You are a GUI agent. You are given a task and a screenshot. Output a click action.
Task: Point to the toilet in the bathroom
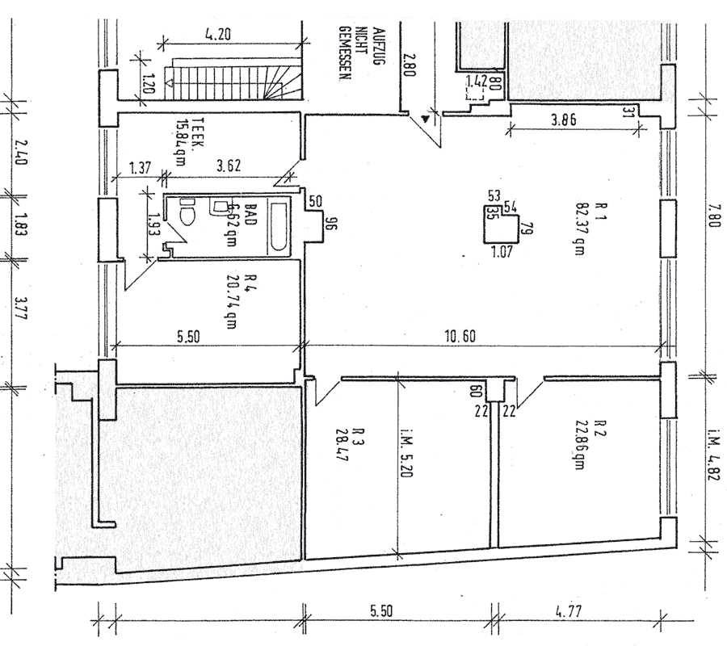point(189,213)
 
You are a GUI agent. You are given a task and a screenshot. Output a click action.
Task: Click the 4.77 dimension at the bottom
point(574,611)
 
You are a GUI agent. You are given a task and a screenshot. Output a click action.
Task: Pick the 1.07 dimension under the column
point(502,252)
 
